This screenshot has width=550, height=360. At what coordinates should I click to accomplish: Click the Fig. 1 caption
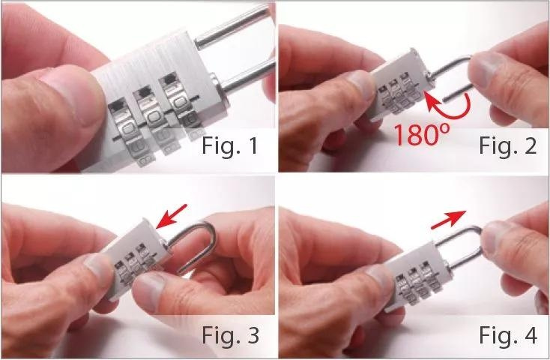pyautogui.click(x=230, y=145)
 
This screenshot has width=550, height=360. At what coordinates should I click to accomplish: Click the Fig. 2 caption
pyautogui.click(x=507, y=145)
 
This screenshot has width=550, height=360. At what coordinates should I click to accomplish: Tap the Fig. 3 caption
pyautogui.click(x=230, y=335)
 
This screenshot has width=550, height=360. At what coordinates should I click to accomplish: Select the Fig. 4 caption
pyautogui.click(x=508, y=334)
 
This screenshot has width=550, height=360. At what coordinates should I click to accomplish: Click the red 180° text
pyautogui.click(x=421, y=134)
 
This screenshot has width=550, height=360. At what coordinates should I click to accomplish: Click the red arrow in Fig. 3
pyautogui.click(x=172, y=216)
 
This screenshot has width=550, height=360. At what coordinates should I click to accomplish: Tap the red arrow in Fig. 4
pyautogui.click(x=449, y=220)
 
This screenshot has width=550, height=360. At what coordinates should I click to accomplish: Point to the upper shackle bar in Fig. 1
pyautogui.click(x=232, y=26)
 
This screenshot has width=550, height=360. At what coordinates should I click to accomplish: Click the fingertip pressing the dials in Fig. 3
pyautogui.click(x=149, y=292)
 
